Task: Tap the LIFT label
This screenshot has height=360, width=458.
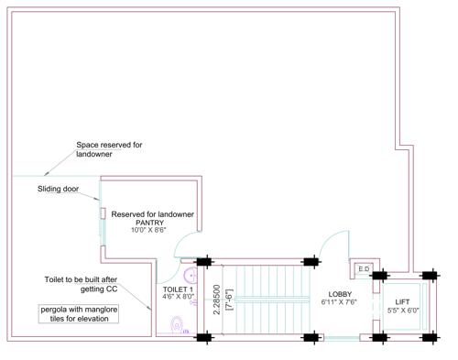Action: tap(402, 301)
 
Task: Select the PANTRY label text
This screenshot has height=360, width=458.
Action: tap(150, 223)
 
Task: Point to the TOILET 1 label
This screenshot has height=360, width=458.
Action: tap(174, 289)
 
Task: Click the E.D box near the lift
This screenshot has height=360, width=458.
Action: tap(364, 269)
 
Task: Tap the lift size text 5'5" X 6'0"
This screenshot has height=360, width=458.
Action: tap(402, 310)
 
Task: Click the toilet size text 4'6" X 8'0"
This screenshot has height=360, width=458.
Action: tap(174, 297)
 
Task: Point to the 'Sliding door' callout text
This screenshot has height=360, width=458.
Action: tap(58, 190)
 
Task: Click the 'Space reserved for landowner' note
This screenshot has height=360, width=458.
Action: tap(108, 149)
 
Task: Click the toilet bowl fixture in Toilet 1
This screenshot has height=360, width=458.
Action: tap(178, 322)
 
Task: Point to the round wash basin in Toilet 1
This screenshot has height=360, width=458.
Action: tap(191, 273)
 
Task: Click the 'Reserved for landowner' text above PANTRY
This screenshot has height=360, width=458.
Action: tap(153, 214)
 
